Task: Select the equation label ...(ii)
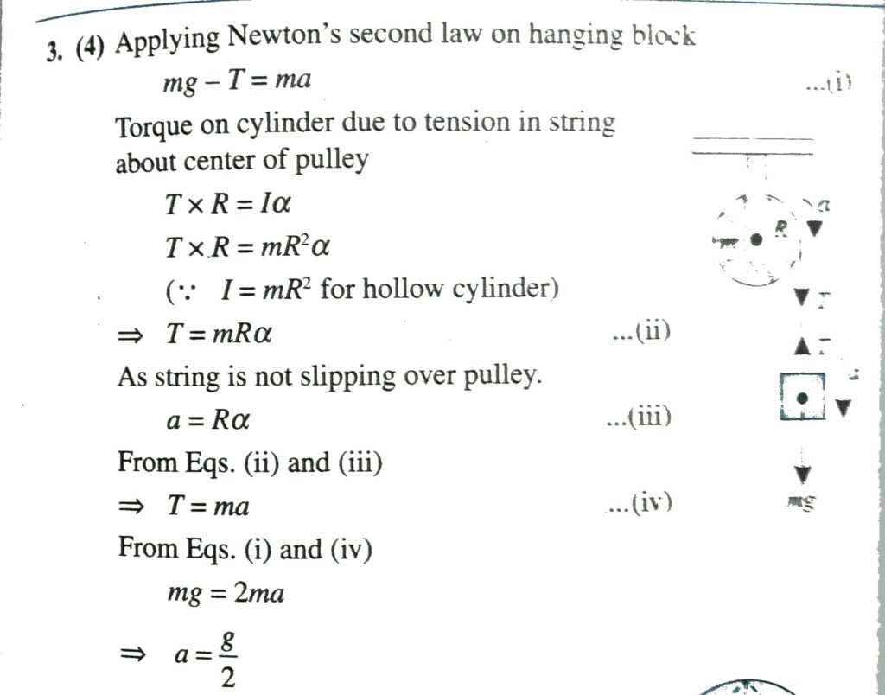(x=640, y=331)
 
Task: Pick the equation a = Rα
(x=207, y=421)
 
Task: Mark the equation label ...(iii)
(x=640, y=418)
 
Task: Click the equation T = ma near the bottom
(x=208, y=507)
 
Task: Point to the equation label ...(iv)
(x=640, y=503)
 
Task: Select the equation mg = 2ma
(x=225, y=594)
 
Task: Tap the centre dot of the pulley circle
(x=756, y=239)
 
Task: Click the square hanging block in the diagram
(x=801, y=398)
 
